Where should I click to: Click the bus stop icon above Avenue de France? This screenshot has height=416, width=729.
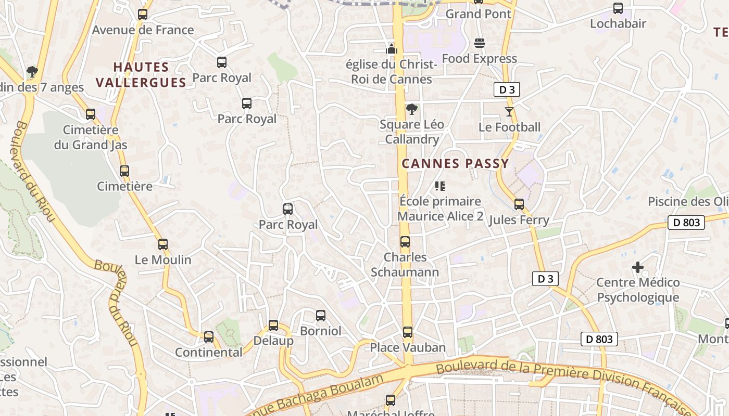click(x=143, y=15)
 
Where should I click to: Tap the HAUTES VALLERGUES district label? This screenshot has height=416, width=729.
click(x=141, y=75)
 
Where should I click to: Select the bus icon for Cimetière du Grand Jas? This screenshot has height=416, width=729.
click(x=91, y=114)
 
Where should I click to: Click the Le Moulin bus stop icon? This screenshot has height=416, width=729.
click(x=163, y=244)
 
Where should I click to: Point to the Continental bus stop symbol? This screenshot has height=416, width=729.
click(x=209, y=337)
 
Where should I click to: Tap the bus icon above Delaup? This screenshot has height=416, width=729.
click(x=273, y=326)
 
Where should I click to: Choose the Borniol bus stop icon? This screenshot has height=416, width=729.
click(x=321, y=315)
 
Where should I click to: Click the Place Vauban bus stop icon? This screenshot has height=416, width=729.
click(x=408, y=332)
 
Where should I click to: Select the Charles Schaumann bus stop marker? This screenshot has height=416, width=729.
click(x=405, y=242)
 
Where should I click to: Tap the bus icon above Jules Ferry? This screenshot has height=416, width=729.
click(x=519, y=204)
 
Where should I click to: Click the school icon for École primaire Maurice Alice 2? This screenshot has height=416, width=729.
click(x=440, y=186)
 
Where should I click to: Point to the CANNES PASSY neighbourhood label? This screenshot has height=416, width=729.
click(x=455, y=164)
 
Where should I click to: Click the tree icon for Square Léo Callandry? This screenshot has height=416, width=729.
click(x=411, y=109)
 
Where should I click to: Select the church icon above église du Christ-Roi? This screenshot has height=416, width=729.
click(x=392, y=49)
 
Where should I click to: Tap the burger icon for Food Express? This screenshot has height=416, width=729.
click(x=480, y=43)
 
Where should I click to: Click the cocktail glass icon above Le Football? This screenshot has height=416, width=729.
click(x=509, y=111)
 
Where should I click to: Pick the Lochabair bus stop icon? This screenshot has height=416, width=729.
click(x=618, y=8)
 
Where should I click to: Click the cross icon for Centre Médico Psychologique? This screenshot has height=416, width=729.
click(x=638, y=267)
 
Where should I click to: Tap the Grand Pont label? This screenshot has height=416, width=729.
click(x=479, y=14)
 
